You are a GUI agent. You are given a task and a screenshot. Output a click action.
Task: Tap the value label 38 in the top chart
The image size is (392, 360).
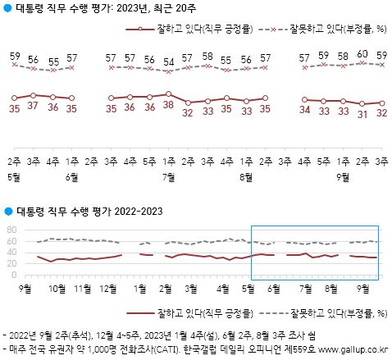168,106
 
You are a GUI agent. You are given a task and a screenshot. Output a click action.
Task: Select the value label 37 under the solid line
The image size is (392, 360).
33,107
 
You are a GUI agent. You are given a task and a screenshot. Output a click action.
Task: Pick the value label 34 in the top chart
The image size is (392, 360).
305,109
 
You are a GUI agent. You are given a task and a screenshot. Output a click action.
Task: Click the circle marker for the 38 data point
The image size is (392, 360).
168,94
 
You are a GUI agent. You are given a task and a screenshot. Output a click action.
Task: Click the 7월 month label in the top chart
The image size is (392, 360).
168,175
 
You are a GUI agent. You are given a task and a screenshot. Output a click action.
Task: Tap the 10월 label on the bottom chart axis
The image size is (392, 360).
57,288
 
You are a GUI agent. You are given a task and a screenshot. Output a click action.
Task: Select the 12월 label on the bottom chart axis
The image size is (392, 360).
107,288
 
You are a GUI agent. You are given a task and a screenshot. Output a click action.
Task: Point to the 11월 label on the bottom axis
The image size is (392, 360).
82,288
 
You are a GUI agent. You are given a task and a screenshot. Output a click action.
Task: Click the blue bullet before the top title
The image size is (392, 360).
7,10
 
